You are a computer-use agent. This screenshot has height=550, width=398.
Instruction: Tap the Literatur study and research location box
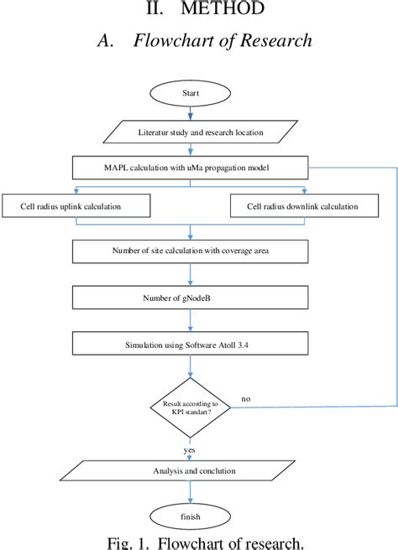(x=199, y=132)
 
